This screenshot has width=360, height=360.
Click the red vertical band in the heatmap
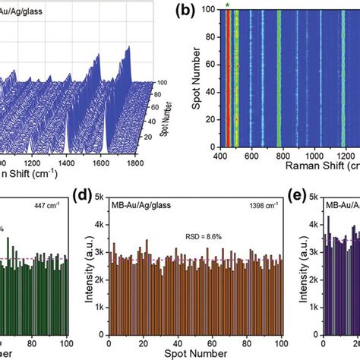click(x=226, y=76)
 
